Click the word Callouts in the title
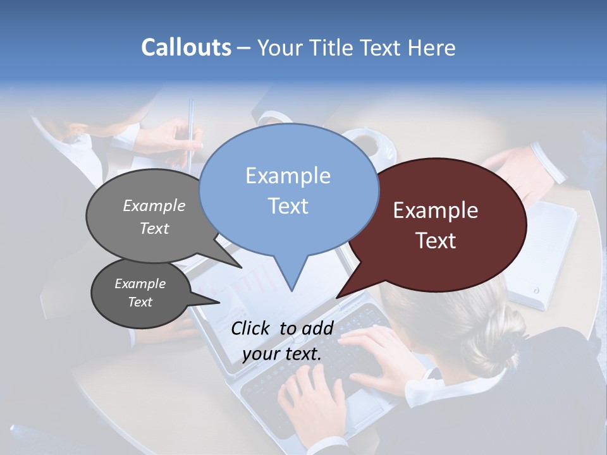186,47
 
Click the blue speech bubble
288,190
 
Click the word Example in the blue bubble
288,175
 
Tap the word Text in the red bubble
436,241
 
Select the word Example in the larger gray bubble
154,205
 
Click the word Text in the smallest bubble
140,302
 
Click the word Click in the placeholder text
252,328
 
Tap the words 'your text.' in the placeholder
282,353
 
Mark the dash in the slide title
245,47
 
